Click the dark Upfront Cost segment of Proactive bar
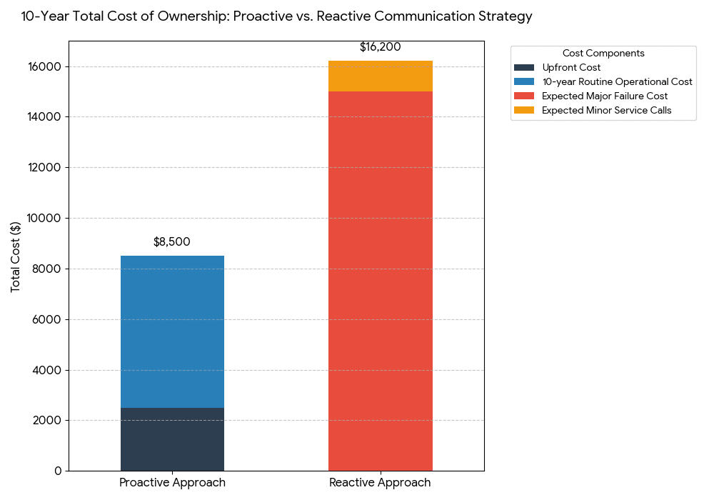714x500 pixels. pos(172,439)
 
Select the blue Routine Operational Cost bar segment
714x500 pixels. pos(172,331)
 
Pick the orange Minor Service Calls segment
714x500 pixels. pos(380,76)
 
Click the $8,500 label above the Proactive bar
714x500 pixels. pos(172,242)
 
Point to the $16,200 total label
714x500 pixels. pos(380,47)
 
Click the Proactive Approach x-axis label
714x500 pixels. pos(172,483)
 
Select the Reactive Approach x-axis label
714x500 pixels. pos(380,483)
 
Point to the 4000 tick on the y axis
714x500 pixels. pos(48,370)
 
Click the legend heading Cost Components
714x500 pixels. pos(603,54)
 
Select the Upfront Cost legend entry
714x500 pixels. pos(571,68)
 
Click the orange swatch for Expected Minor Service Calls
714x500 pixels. pos(524,111)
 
